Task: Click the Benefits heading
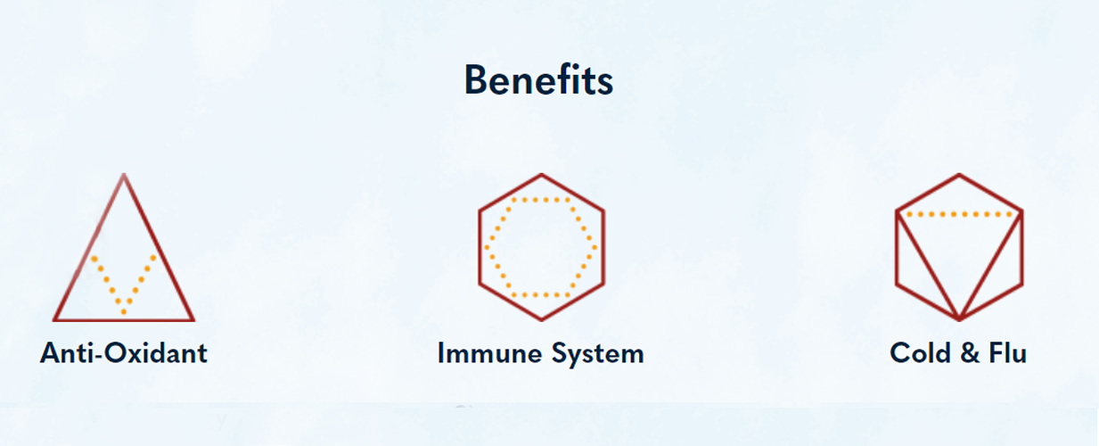(538, 79)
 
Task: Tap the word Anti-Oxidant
(124, 352)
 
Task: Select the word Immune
(491, 353)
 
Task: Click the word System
(597, 355)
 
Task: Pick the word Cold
(921, 352)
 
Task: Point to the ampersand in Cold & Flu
(970, 353)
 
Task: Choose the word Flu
(1007, 352)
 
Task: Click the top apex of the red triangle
(124, 174)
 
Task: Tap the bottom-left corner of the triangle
(54, 320)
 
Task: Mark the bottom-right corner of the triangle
(193, 320)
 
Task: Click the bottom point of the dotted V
(124, 312)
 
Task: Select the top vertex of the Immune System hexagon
(542, 174)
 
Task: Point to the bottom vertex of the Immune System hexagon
(542, 319)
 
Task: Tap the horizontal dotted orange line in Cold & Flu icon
(960, 214)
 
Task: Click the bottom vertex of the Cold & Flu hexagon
(959, 319)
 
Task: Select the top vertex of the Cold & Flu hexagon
(959, 174)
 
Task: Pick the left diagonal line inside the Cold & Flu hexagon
(928, 265)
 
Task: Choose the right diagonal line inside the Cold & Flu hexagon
(991, 265)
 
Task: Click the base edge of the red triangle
(124, 320)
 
